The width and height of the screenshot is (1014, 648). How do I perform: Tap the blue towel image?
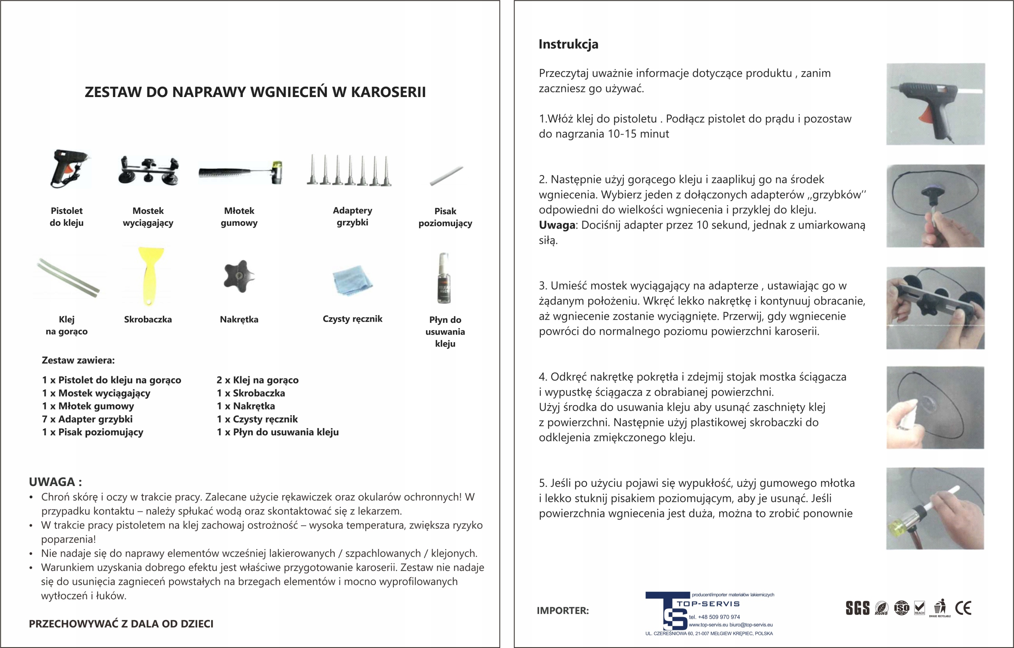click(x=352, y=280)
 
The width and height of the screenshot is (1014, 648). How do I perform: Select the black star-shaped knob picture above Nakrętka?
click(x=239, y=276)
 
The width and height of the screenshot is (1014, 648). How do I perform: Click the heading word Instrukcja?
click(x=568, y=44)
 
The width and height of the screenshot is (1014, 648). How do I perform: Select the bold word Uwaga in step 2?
click(x=557, y=225)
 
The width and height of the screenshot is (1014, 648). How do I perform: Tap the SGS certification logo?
click(x=858, y=608)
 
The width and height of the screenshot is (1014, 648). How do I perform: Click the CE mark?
click(x=963, y=608)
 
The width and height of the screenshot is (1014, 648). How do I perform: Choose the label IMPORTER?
click(x=562, y=610)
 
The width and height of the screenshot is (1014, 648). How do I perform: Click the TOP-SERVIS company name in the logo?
click(x=708, y=604)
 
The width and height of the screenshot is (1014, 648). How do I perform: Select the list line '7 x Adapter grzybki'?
click(x=87, y=419)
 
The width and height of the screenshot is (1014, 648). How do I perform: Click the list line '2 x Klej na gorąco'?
click(x=257, y=380)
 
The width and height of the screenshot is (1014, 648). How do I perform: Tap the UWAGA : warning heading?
click(x=55, y=482)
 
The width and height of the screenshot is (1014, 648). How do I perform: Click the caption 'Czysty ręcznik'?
click(x=352, y=319)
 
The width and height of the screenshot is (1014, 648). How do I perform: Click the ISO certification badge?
click(x=902, y=608)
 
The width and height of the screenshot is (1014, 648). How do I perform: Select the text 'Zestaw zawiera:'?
click(x=78, y=360)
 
